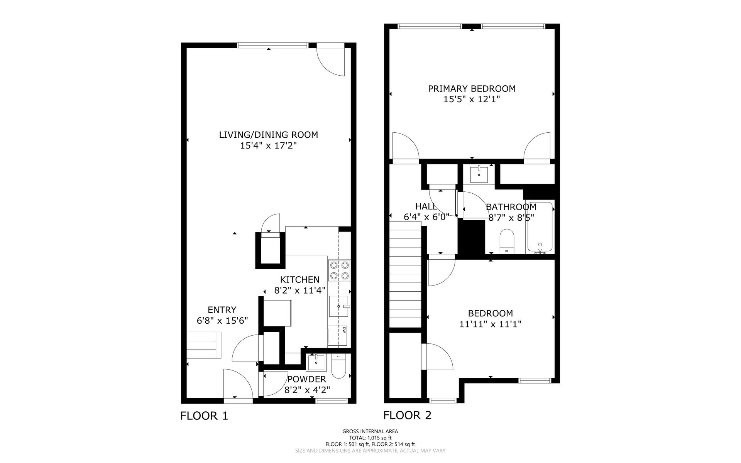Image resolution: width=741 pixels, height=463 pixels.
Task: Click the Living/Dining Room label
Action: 269,135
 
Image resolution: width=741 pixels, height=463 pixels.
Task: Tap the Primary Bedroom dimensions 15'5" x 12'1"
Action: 472,99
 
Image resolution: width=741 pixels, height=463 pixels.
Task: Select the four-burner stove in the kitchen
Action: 339,270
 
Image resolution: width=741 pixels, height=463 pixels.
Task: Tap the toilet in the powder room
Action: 338,367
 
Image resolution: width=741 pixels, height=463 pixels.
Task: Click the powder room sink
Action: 316,362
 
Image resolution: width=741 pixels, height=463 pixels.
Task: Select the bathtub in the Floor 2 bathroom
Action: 540,228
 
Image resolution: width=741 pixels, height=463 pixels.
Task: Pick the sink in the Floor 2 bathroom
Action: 479,175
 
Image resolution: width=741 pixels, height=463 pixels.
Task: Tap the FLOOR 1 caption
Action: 204,416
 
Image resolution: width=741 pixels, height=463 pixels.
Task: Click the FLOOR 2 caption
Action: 407,415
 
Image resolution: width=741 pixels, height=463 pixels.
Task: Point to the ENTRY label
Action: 222,309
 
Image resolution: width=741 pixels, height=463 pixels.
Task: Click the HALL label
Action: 426,206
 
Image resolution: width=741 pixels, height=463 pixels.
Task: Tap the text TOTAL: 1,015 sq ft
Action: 370,438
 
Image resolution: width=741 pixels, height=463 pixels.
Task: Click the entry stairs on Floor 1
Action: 204,345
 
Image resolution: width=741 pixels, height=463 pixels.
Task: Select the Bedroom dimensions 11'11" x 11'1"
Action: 490,324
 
